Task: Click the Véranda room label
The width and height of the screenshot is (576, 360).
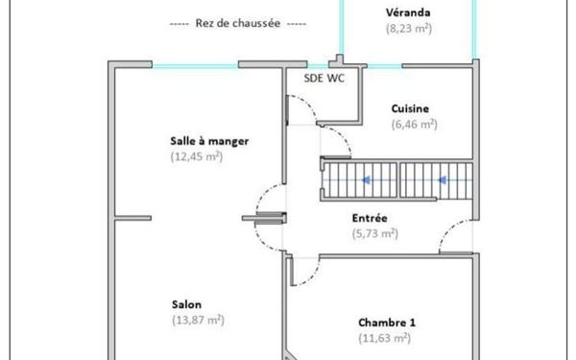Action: [x=408, y=12]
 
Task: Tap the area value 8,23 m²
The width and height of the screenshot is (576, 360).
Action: [x=408, y=28]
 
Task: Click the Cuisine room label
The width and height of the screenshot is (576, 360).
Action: [x=410, y=108]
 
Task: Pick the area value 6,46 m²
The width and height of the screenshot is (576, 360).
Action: [x=414, y=124]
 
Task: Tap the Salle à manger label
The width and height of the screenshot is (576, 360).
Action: [x=208, y=140]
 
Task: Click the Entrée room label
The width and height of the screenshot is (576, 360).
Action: [x=370, y=217]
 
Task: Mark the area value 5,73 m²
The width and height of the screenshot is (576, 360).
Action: [x=375, y=232]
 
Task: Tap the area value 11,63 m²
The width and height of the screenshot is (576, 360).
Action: [x=384, y=338]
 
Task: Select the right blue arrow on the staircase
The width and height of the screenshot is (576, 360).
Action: [x=443, y=179]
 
